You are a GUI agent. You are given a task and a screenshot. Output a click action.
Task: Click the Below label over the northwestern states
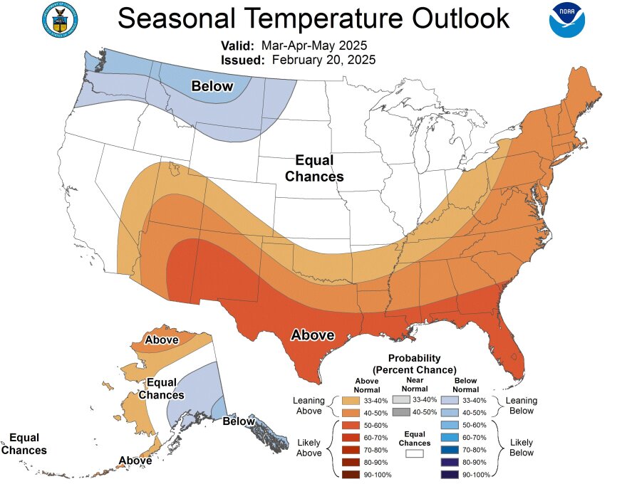pyautogui.click(x=212, y=86)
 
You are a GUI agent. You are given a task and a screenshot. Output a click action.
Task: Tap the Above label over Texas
pyautogui.click(x=312, y=335)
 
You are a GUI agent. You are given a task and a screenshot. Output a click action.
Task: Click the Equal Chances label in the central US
pyautogui.click(x=314, y=169)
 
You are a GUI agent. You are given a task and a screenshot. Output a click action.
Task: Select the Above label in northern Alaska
pyautogui.click(x=162, y=340)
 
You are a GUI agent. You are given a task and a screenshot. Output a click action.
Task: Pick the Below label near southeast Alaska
pyautogui.click(x=238, y=421)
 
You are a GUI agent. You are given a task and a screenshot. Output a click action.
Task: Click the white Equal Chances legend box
pyautogui.click(x=415, y=452)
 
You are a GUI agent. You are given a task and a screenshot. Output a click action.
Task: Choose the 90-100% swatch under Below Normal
pyautogui.click(x=450, y=475)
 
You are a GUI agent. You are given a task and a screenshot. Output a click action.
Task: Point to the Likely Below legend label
pyautogui.click(x=522, y=447)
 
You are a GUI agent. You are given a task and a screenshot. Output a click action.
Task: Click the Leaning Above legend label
pyautogui.click(x=309, y=406)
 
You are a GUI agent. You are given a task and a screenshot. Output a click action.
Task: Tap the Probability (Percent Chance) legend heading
pyautogui.click(x=414, y=364)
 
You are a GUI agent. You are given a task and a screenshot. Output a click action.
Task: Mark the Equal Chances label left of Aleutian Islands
pyautogui.click(x=24, y=443)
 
